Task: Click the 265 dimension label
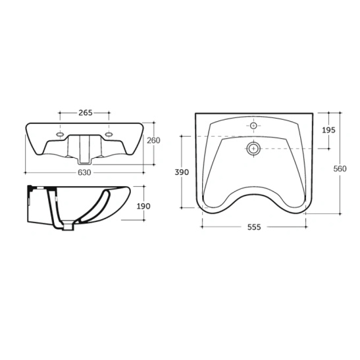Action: (x=86, y=113)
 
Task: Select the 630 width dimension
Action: (x=84, y=172)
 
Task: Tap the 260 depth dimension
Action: (x=153, y=140)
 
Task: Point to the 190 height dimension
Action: (x=143, y=206)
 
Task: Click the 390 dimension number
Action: (x=182, y=172)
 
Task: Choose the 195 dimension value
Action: (x=328, y=130)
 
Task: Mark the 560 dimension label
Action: (x=340, y=168)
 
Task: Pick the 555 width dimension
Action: (x=254, y=227)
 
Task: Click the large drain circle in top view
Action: (x=253, y=149)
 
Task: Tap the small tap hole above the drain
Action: (x=253, y=126)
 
